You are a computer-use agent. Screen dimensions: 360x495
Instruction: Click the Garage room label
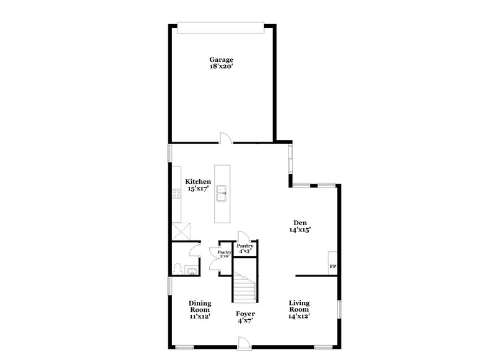[221, 60]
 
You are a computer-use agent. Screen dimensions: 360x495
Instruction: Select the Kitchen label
[198, 181]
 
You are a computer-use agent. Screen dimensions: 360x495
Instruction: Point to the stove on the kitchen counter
[176, 193]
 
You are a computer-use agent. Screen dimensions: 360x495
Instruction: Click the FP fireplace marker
[332, 267]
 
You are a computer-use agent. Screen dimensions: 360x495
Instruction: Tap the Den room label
[301, 223]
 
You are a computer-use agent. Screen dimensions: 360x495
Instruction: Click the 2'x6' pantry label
[224, 254]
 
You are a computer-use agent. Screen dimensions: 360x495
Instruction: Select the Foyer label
[246, 314]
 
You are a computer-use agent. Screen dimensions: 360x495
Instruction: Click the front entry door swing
[244, 341]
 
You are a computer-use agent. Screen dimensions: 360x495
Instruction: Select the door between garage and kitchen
[226, 139]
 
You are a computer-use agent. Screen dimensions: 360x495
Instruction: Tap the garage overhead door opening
[221, 25]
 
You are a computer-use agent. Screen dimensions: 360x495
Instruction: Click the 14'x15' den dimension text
[301, 229]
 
